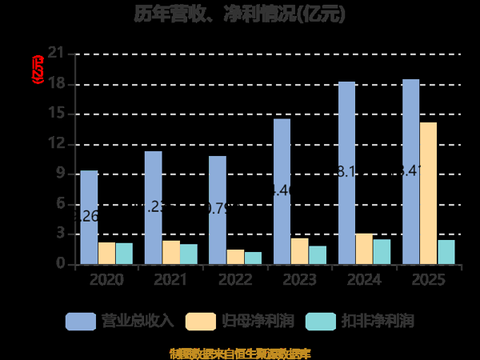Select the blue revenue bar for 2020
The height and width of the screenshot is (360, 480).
point(89,218)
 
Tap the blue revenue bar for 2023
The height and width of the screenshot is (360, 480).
point(282,192)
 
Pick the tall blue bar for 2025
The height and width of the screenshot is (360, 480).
point(410,172)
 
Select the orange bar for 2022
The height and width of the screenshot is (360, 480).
point(235,257)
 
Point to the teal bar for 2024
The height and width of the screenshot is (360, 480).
point(382,252)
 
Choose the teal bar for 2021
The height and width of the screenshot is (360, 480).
point(188,254)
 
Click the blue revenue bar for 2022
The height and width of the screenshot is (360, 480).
point(218,210)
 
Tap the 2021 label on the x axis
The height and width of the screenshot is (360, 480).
point(171,279)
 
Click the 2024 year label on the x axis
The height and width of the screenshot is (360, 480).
point(364,279)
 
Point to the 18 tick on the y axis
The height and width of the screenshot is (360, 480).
point(56,84)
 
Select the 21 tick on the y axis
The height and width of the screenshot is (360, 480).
point(56,54)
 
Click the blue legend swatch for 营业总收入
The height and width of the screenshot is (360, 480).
point(80,321)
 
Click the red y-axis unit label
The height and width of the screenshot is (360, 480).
point(36,70)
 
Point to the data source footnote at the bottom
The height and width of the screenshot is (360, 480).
point(240,353)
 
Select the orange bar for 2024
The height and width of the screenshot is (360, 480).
point(364,249)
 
